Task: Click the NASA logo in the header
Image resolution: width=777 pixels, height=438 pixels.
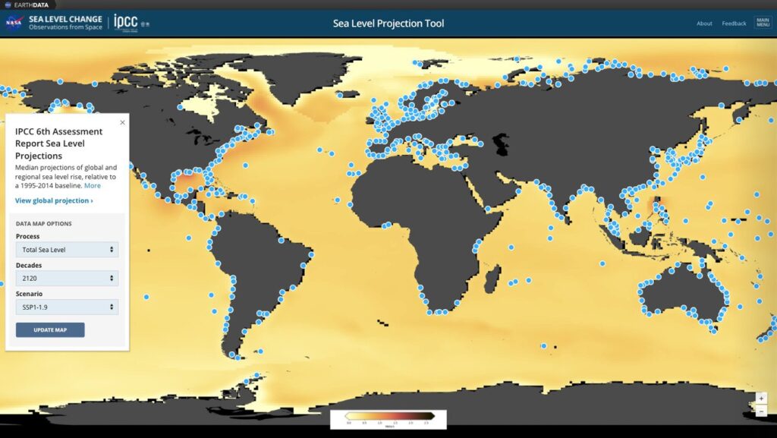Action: [14, 22]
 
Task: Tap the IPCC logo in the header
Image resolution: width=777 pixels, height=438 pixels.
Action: [126, 22]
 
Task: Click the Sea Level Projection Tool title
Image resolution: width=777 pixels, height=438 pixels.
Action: [388, 24]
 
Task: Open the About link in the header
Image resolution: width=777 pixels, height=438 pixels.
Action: [704, 24]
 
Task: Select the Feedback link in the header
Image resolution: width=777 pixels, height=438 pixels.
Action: [734, 24]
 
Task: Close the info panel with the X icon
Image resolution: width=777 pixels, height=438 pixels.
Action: [122, 122]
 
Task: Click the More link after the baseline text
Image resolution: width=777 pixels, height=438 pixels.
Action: [92, 185]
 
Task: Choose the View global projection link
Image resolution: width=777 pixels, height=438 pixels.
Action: [54, 201]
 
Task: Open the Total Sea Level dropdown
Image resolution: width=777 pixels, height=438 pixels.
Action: [67, 250]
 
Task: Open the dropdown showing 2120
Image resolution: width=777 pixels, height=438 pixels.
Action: [67, 279]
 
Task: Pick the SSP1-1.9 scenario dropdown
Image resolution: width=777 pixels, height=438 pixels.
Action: [67, 307]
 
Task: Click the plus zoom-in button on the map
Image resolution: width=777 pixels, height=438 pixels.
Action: [761, 398]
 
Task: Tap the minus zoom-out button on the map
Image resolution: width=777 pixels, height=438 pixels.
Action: [761, 411]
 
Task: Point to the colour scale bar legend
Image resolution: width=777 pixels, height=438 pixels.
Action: [388, 415]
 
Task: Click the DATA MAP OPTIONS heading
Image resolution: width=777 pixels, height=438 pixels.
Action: [44, 224]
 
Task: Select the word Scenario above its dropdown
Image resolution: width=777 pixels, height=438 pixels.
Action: [29, 294]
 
